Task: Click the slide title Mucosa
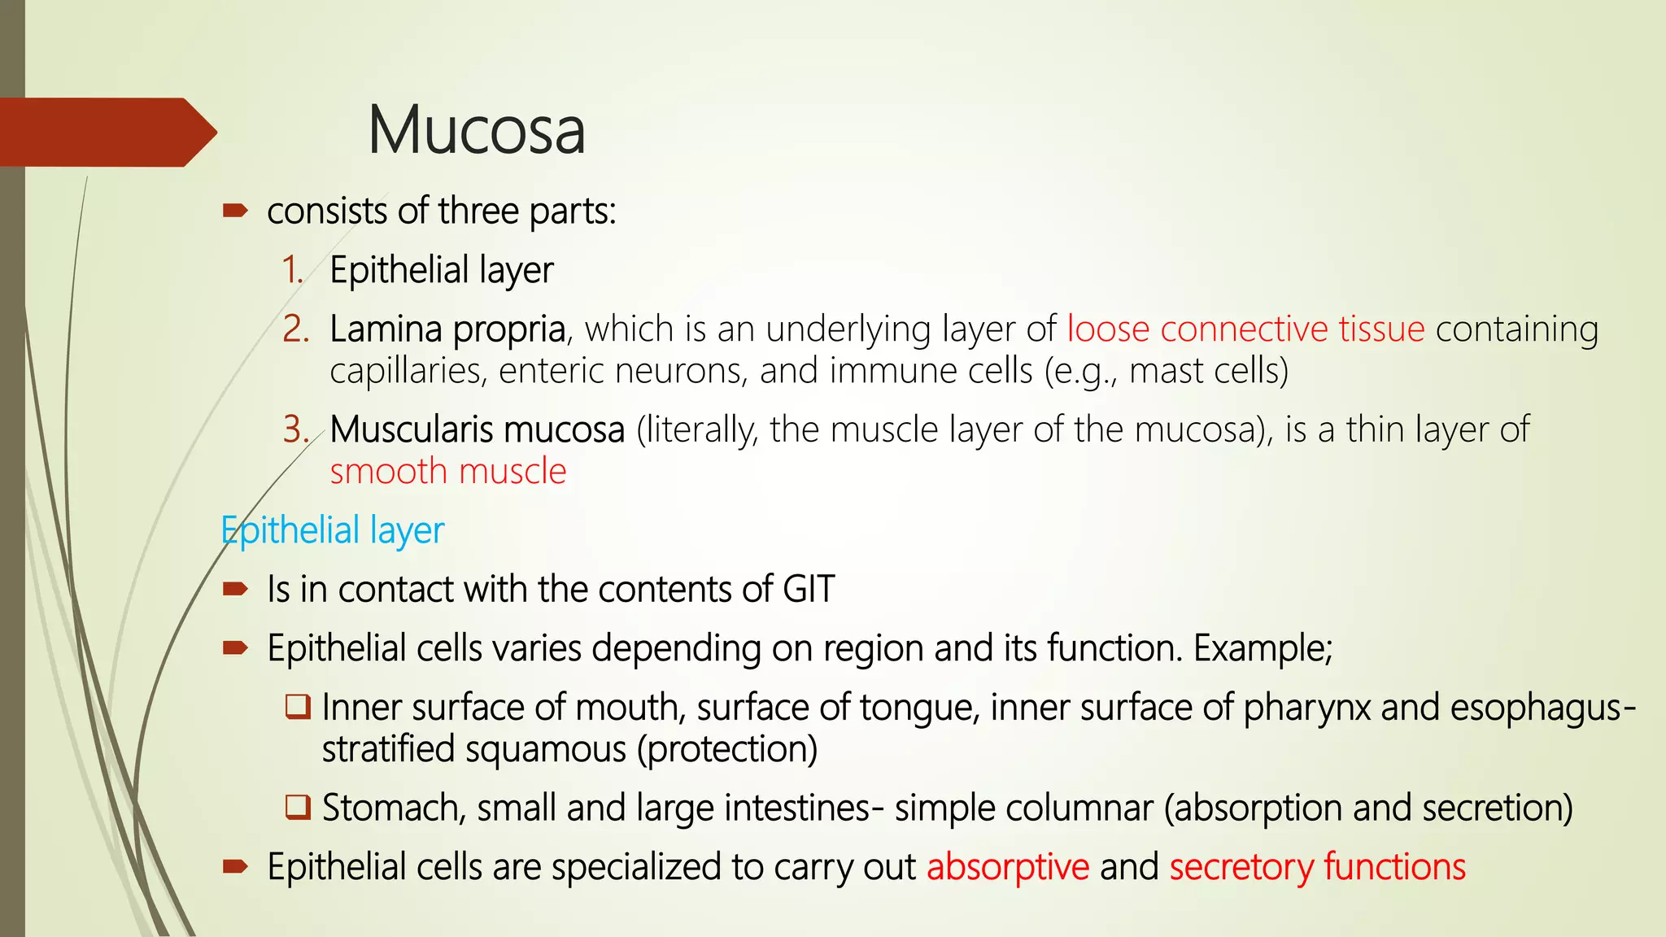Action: coord(476,130)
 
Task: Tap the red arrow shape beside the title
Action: coord(106,132)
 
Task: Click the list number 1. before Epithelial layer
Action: coord(293,270)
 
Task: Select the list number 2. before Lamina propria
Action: coord(295,329)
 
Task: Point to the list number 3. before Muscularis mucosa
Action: coord(295,429)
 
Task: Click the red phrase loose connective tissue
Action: coord(1245,329)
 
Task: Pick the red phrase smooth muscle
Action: coord(447,472)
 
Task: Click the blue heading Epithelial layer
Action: coord(333,530)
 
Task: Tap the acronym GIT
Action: coord(809,589)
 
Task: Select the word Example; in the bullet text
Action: coord(1263,648)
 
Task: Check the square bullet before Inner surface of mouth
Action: coord(298,706)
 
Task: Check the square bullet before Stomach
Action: coord(298,807)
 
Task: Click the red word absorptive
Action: coord(1008,867)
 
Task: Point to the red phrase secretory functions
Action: coord(1317,867)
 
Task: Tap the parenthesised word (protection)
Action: coord(726,749)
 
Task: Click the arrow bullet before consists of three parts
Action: coord(235,211)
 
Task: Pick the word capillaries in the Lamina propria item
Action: coord(408,372)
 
